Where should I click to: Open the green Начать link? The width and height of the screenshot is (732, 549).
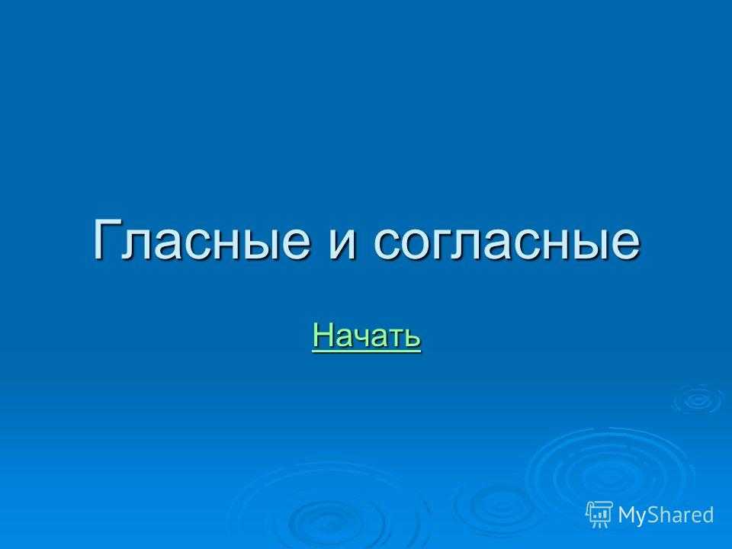tap(367, 335)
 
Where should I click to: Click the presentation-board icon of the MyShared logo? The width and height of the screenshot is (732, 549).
tap(599, 514)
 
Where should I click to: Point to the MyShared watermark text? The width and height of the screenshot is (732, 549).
tap(666, 515)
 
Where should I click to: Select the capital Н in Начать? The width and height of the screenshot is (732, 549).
tap(321, 334)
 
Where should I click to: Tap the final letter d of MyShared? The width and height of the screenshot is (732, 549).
tap(708, 514)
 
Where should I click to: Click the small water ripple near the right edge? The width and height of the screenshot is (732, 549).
tap(698, 399)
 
